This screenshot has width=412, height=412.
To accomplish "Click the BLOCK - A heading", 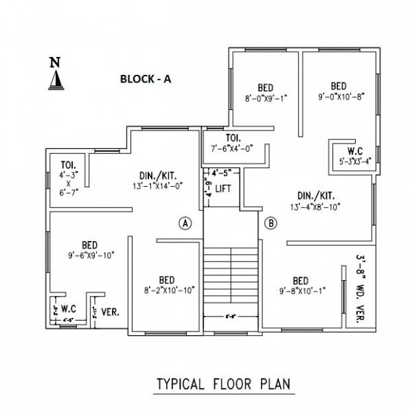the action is [146, 79].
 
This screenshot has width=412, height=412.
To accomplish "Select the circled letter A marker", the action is [185, 223].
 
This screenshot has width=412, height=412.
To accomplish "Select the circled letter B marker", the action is [271, 222].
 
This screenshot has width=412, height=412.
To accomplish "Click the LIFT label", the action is [223, 187].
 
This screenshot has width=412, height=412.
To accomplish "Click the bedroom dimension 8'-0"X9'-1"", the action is [266, 98].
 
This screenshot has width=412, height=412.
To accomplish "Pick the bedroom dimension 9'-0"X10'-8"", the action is [339, 97].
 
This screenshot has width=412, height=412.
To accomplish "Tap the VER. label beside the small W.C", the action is [111, 312].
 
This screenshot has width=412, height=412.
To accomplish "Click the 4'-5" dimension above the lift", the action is [220, 172].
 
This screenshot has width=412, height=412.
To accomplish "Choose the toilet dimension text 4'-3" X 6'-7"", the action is [68, 182].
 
